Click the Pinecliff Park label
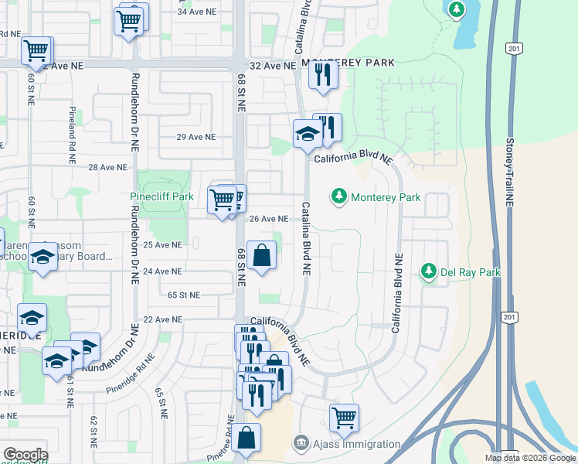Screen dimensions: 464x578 (x=161, y=196)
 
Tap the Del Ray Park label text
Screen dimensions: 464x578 (x=471, y=272)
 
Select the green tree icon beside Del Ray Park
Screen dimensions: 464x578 (x=428, y=271)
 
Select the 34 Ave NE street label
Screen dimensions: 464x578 (x=195, y=12)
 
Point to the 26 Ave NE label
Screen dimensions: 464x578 (x=268, y=219)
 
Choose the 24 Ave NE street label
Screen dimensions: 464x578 (x=162, y=271)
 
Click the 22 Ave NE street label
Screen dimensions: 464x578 (x=162, y=319)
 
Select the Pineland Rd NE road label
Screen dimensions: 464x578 (x=72, y=130)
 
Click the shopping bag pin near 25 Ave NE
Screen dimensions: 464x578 (x=261, y=255)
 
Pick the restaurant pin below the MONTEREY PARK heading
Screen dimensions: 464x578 (x=322, y=75)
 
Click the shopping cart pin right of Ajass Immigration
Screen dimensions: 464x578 (x=344, y=418)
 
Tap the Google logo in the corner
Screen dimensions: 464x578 (x=25, y=455)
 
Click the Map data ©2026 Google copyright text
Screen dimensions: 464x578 (x=529, y=458)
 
